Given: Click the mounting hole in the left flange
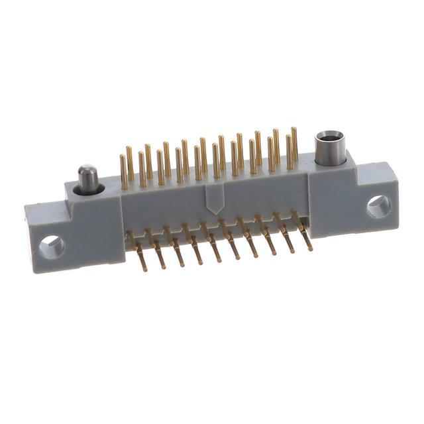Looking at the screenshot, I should (x=52, y=247).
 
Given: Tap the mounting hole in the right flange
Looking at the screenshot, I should (x=379, y=206).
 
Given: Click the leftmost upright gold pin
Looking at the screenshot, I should (x=123, y=171).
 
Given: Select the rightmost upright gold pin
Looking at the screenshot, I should (x=294, y=144).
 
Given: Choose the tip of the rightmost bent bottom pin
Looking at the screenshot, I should (x=309, y=248).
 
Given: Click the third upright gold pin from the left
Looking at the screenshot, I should (x=142, y=169).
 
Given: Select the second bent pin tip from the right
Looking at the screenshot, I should (x=291, y=251).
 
